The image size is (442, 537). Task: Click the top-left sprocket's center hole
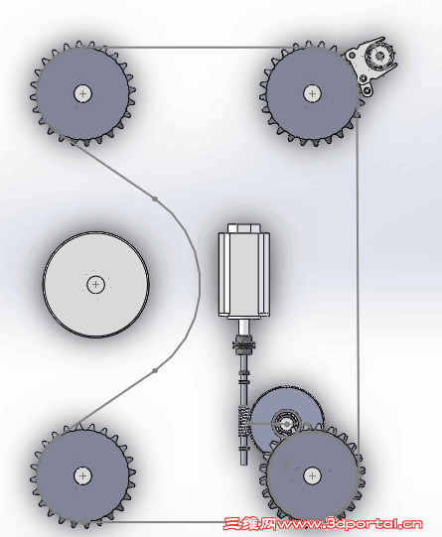pos(82,93)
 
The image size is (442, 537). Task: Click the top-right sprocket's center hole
pos(312,93)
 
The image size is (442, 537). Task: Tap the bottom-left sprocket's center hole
pos(82,475)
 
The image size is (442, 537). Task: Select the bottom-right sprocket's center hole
pos(312,475)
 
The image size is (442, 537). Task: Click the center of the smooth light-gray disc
pos(95,285)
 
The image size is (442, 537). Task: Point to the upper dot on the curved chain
pos(155,199)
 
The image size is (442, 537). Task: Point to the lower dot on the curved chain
pos(155,370)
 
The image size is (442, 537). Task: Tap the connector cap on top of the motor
pos(244,228)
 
